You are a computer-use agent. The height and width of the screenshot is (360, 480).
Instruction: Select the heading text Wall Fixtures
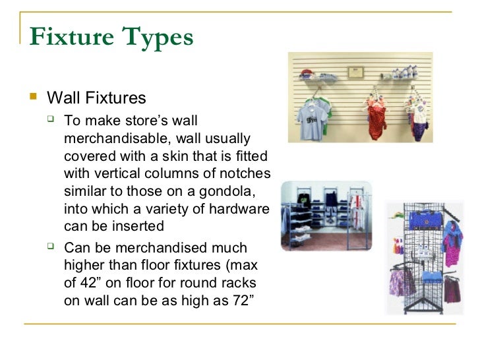pyautogui.click(x=96, y=99)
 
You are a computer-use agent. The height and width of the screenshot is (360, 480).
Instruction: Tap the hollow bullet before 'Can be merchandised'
pyautogui.click(x=54, y=249)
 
